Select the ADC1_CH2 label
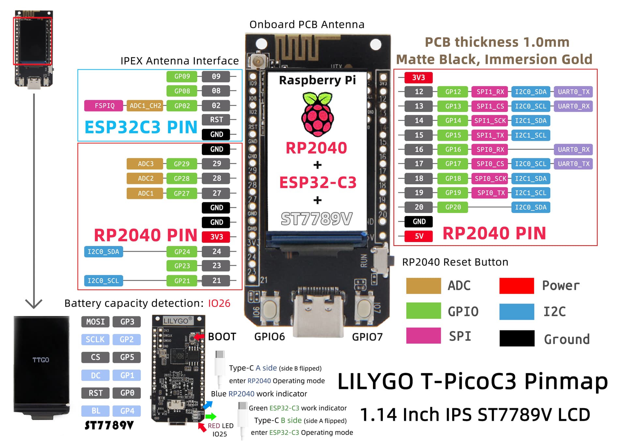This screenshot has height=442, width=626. coord(145,106)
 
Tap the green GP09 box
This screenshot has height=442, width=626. coord(182,77)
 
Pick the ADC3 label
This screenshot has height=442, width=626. coord(145,164)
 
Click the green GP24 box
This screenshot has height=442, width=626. coord(182,251)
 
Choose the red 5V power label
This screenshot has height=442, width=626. coord(419,236)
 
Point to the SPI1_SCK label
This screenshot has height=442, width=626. coord(490,121)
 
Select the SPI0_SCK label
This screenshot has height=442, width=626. coord(490,178)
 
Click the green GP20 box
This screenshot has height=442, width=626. coord(453,207)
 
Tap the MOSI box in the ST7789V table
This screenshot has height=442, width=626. coord(95,322)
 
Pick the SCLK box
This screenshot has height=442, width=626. coord(95,339)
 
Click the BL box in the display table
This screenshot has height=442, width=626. coord(95,411)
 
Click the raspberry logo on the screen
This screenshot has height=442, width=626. coord(317,114)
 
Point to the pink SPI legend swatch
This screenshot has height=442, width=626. coord(423,336)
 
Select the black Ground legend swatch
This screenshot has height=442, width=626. coord(517,338)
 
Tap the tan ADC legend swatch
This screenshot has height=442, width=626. coord(423,286)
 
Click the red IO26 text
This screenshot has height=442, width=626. coord(219,303)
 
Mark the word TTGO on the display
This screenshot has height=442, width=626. coord(41,360)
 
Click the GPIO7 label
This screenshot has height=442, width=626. coord(367,337)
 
